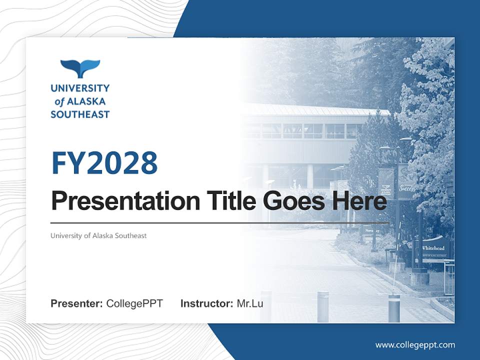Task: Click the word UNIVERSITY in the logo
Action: [80, 88]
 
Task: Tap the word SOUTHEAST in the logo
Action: [80, 114]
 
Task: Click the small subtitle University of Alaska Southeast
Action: [98, 235]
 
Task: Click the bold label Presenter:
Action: [77, 303]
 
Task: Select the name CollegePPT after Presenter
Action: [134, 303]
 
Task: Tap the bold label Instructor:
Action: [206, 303]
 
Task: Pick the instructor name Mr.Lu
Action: [250, 303]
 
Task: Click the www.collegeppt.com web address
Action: [415, 344]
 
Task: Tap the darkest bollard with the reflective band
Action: [394, 307]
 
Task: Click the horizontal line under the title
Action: [219, 223]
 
